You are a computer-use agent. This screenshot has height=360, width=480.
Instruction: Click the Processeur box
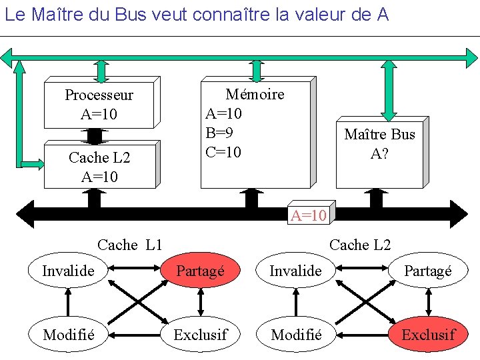click(99, 104)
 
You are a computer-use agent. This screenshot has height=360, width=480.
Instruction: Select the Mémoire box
click(255, 133)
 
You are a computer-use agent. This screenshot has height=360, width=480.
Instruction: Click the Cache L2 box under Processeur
click(99, 166)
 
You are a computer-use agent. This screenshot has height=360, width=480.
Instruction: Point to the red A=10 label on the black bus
click(309, 215)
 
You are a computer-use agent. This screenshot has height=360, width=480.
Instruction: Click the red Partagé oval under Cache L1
click(200, 271)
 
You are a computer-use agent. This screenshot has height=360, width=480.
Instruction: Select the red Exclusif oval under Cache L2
click(428, 334)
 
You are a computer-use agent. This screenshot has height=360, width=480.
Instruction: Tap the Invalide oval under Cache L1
click(68, 271)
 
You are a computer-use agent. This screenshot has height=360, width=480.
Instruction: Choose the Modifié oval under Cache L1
click(68, 334)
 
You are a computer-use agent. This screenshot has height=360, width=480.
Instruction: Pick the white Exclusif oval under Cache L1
click(200, 334)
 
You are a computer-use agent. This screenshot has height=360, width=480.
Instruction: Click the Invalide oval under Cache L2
click(295, 271)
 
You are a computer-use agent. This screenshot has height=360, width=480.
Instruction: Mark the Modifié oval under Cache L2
click(295, 334)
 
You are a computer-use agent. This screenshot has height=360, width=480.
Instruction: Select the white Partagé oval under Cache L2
click(428, 271)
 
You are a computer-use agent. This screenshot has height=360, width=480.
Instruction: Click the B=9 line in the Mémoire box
click(223, 133)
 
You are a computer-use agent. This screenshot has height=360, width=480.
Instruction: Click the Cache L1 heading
click(130, 245)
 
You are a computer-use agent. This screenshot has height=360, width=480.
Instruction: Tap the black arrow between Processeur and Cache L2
click(95, 136)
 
